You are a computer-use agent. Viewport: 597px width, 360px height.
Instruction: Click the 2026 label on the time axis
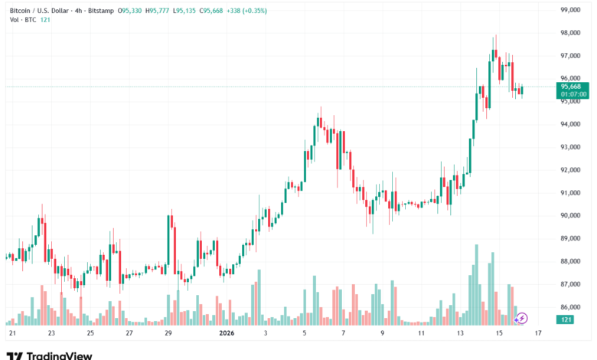point(227,334)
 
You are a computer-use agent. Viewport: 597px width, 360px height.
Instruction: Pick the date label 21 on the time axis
point(12,334)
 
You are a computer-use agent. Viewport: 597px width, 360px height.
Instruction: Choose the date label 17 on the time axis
point(539,334)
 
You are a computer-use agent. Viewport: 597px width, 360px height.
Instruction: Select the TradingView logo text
point(59,355)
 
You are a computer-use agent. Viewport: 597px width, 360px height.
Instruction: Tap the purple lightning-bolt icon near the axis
point(523,318)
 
